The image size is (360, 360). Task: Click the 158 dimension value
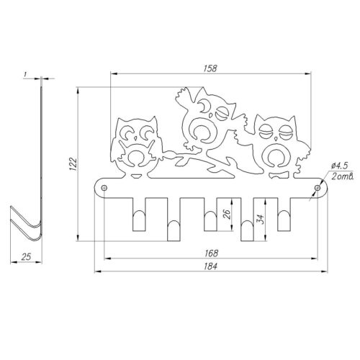210,68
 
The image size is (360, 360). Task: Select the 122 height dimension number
73,164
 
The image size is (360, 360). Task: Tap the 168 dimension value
212,253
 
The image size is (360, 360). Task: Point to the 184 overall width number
211,266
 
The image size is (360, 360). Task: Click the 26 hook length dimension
227,214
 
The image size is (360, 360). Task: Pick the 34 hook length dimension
261,219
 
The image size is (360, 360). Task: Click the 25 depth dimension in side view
26,256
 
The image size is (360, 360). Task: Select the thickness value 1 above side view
24,75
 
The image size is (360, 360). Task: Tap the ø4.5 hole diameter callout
339,166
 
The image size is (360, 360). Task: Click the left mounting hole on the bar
104,188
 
